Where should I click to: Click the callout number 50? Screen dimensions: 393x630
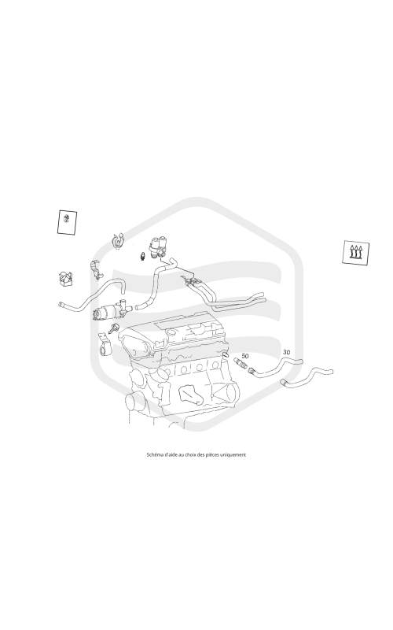pos(245,356)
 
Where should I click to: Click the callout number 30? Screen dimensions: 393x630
pos(286,352)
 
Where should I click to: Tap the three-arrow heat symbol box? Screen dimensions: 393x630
pos(356,253)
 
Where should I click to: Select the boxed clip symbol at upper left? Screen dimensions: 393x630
pos(67,222)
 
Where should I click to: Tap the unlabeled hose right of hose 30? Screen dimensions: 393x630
pos(307,376)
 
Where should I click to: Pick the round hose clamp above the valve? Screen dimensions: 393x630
pos(117,240)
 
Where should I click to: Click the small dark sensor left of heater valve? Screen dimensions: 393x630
pos(142,256)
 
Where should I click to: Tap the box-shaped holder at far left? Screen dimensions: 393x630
pos(65,279)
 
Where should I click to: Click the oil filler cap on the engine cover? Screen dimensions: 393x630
pos(172,333)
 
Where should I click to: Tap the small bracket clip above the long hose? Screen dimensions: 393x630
pos(95,269)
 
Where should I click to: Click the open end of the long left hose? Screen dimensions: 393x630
pos(61,305)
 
